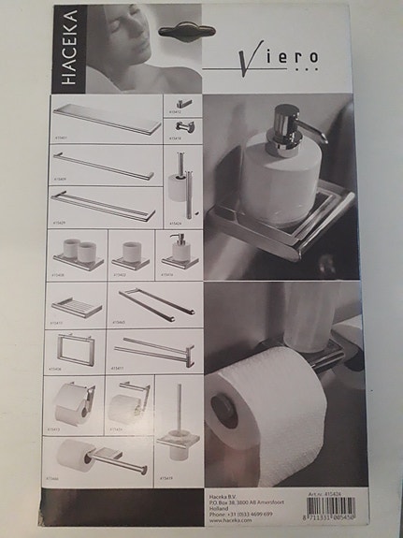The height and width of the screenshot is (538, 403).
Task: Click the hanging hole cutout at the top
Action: (187, 31)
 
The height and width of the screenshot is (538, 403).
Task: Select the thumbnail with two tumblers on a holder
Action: (79, 254)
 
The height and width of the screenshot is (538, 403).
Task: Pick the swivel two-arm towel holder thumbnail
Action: (152, 353)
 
